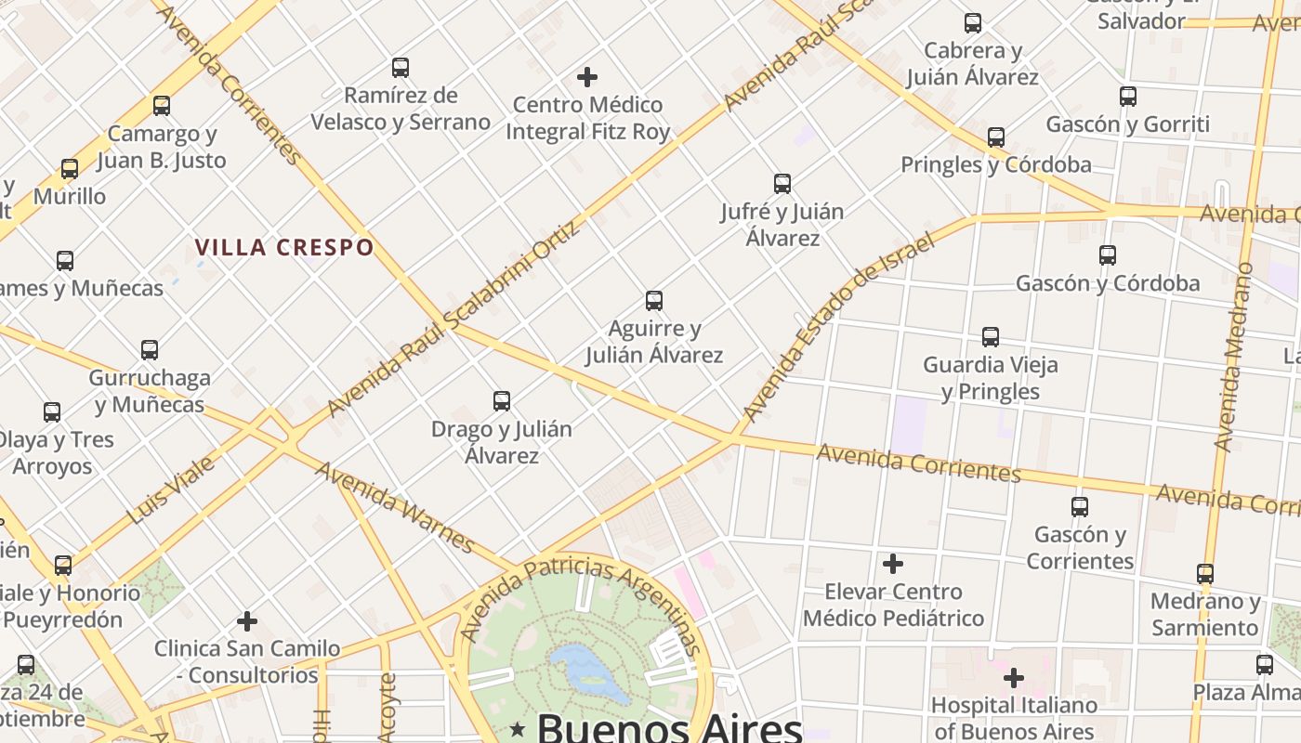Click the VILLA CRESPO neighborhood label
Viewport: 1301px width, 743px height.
click(x=284, y=248)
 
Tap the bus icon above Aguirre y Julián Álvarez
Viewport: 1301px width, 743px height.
click(x=654, y=301)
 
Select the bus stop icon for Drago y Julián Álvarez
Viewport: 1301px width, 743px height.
click(x=502, y=401)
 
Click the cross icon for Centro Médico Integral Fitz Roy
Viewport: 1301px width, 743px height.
click(x=587, y=77)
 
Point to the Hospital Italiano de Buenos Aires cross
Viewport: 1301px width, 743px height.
click(x=1014, y=678)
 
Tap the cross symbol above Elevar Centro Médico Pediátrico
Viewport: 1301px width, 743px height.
click(x=893, y=564)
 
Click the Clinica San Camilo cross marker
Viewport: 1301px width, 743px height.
click(x=247, y=620)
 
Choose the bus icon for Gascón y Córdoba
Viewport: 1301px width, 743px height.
click(x=1107, y=255)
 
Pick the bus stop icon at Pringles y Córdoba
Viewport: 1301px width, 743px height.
click(x=996, y=137)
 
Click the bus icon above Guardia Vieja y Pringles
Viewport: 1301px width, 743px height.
click(x=991, y=337)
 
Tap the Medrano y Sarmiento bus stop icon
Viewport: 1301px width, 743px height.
click(x=1205, y=574)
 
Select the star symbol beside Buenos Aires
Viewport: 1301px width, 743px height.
click(x=518, y=730)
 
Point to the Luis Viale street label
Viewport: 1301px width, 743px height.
click(x=173, y=489)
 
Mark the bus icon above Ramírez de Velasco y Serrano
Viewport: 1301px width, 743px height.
click(x=401, y=68)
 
